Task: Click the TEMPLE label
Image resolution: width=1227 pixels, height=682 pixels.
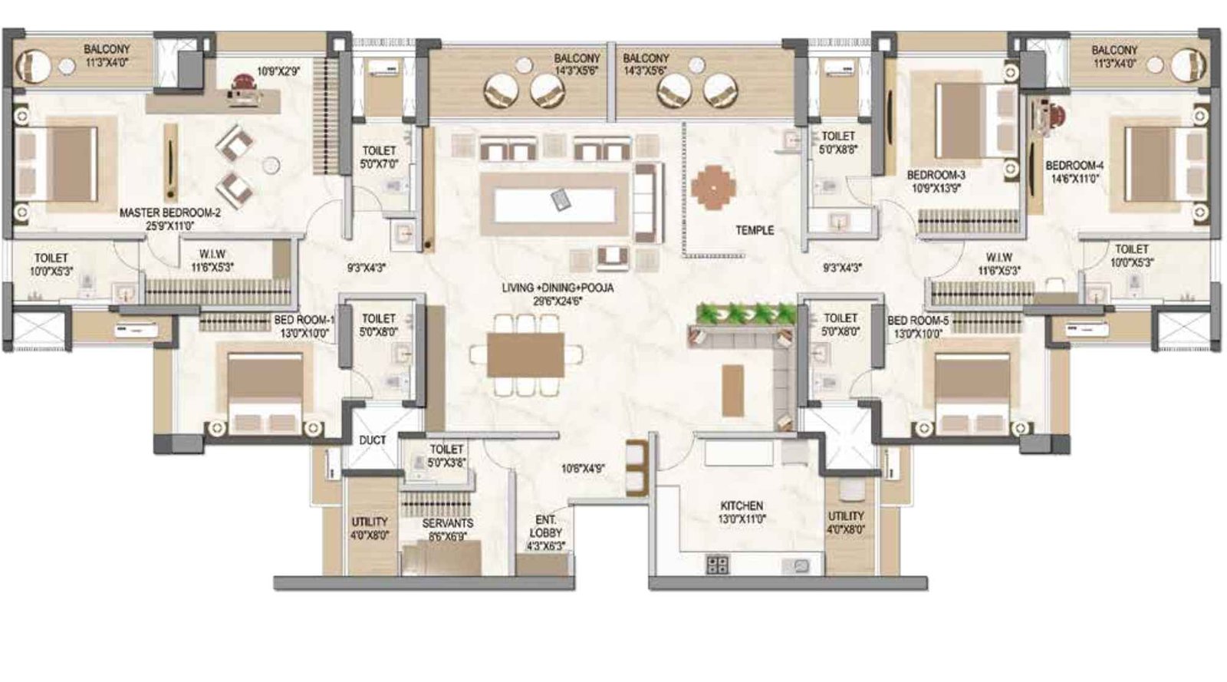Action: coord(755,230)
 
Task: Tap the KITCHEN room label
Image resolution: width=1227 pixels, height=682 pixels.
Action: coord(742,506)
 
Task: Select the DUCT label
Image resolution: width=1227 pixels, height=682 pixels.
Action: coord(373,440)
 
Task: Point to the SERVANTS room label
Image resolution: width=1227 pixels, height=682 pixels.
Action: coord(448,523)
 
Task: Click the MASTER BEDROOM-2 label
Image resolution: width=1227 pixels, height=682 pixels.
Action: coord(169,213)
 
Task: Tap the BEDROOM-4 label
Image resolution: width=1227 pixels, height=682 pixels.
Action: coord(1074,166)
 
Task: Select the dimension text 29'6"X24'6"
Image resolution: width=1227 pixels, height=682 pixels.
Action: coord(558,301)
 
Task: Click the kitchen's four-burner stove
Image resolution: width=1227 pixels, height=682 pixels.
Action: coord(718,566)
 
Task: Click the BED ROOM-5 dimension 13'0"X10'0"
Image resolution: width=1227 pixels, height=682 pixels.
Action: coord(917,334)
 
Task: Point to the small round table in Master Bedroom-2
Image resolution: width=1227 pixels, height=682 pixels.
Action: coord(270,164)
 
